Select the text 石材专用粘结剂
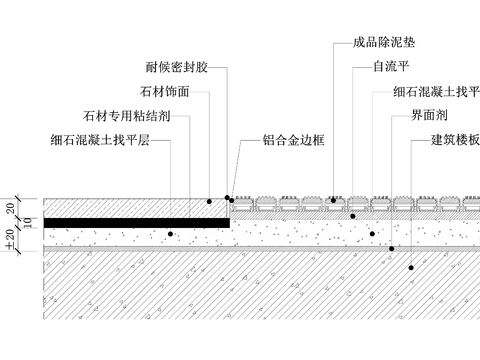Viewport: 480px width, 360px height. coord(128,116)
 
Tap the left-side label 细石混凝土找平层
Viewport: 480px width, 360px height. coord(100,140)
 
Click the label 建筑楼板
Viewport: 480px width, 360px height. coord(455,140)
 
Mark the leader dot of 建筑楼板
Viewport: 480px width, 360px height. coord(410,266)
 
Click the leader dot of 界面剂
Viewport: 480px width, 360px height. coord(392,248)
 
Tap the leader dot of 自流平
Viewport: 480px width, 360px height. coord(352,215)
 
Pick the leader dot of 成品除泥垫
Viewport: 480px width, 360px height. coord(333,200)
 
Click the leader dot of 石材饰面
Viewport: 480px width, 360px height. coord(209,201)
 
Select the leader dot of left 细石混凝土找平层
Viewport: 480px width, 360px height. coord(171,234)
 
